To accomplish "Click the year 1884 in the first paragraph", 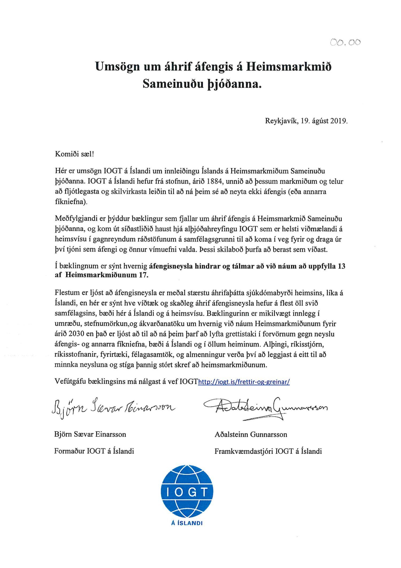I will point(215,181).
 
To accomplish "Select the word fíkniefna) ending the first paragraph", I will point(71,202).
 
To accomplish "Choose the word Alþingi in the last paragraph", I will point(275,344).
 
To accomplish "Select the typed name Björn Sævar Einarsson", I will point(90,434).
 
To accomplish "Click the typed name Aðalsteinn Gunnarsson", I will point(251,434).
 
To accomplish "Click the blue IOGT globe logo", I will point(187,491).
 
